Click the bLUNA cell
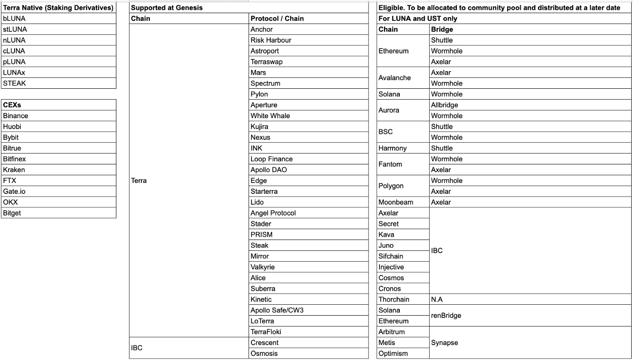click(14, 19)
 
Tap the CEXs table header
click(13, 105)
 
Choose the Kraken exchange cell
click(14, 170)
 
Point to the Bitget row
click(12, 213)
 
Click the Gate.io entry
click(14, 192)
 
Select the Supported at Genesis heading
click(167, 8)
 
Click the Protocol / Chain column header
click(277, 19)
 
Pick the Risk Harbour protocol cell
click(271, 40)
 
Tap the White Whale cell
click(270, 116)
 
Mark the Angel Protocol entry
click(273, 213)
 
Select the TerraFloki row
click(266, 332)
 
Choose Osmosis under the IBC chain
click(264, 353)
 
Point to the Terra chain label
click(139, 181)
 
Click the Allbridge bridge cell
click(445, 105)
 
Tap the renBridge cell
click(446, 316)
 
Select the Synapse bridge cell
click(445, 343)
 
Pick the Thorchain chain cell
click(394, 299)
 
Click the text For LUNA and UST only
click(418, 19)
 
